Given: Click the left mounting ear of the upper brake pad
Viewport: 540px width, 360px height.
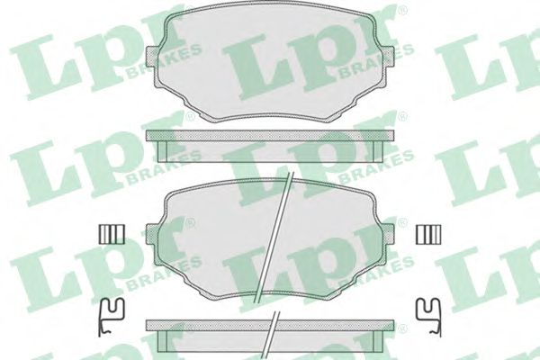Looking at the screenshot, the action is (153, 57).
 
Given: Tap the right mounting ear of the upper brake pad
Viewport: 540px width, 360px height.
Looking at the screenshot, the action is (386, 57).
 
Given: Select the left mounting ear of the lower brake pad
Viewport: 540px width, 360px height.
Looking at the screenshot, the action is (153, 235).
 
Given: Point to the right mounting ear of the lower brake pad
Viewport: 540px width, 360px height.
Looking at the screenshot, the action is (386, 235).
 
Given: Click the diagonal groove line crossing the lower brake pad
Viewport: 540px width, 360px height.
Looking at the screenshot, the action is (273, 237).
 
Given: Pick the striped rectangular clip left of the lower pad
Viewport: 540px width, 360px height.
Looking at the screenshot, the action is (112, 234).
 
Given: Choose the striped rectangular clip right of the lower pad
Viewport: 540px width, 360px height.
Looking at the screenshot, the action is (428, 234).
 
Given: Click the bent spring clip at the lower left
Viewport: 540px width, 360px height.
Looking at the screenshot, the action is (111, 317).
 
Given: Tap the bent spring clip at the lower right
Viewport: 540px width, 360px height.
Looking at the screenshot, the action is (428, 317).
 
